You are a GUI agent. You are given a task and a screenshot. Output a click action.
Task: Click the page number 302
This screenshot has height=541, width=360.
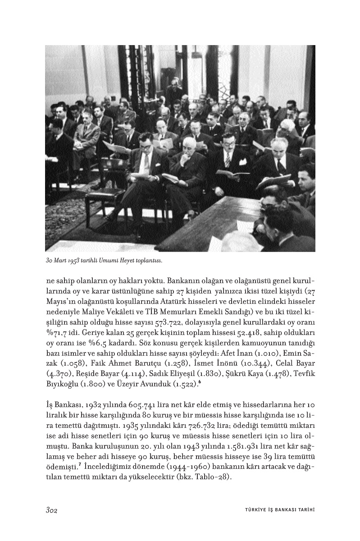coord(53,510)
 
